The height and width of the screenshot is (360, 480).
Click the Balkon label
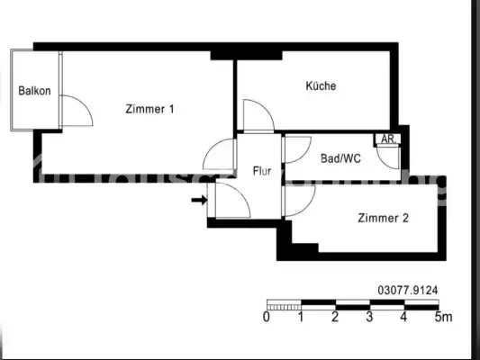click(34, 91)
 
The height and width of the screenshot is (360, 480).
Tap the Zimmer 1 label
click(149, 110)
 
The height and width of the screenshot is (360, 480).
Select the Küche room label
click(321, 86)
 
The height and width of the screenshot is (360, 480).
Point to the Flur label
click(262, 169)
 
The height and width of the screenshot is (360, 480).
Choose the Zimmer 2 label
click(384, 218)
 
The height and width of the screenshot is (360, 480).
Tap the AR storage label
click(388, 139)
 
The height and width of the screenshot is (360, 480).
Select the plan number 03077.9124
click(408, 290)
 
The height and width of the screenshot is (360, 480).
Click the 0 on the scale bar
click(267, 317)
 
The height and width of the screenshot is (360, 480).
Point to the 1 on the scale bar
click(301, 317)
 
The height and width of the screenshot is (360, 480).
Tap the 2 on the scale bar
click(335, 317)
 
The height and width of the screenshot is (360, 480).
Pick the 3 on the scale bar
click(369, 317)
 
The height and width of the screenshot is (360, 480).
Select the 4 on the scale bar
click(403, 317)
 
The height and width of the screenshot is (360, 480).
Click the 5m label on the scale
click(442, 317)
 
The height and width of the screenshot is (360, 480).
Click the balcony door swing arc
click(77, 113)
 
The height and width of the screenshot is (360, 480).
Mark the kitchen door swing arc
click(257, 116)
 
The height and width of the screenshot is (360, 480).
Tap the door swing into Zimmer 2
click(297, 200)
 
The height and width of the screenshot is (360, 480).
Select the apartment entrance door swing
click(229, 194)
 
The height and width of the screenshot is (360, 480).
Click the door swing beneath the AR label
click(389, 157)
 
